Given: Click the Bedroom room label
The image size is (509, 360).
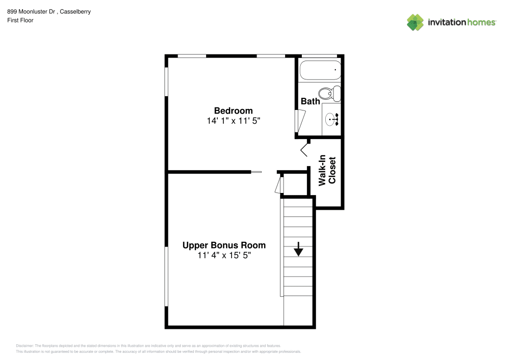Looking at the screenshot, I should point(233,110).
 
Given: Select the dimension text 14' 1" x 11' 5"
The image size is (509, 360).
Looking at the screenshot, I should point(233,121).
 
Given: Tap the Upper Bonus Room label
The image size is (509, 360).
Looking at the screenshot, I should point(224,245).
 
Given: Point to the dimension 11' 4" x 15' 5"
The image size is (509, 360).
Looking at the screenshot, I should point(224,256).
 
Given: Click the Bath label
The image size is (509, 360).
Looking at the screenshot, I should point(310,101).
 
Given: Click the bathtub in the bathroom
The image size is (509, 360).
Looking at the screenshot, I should point(320,70).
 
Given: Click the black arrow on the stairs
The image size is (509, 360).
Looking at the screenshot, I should point(298,250).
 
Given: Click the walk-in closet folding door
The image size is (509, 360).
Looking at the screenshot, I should point(305,149).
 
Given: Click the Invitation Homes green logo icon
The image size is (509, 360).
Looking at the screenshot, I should point(415,22).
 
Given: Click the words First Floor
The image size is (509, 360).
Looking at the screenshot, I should point(20,20).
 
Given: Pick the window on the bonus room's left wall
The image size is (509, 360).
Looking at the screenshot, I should point(166,277).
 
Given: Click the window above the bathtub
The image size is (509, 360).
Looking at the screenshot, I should point(320,56).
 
